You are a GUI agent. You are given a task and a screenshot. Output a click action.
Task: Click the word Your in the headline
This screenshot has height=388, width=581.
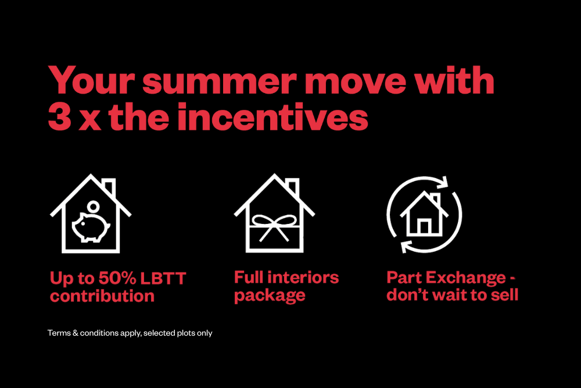tap(92, 80)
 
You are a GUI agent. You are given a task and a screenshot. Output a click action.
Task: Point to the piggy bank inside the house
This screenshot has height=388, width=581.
tap(91, 227)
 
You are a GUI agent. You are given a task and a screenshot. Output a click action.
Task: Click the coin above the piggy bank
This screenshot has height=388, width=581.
tap(94, 206)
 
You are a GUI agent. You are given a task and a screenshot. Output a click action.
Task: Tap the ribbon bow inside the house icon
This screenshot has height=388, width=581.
tap(274, 227)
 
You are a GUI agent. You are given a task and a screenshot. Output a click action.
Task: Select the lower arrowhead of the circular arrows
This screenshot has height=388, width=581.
tap(407, 246)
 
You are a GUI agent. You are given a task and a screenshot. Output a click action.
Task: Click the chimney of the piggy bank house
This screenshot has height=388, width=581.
tap(110, 187)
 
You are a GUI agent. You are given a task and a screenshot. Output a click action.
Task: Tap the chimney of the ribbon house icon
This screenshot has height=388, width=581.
tap(293, 187)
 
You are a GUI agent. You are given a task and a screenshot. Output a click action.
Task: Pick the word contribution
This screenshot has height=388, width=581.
tap(102, 296)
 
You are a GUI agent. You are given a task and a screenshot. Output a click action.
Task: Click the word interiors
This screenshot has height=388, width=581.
tap(303, 277)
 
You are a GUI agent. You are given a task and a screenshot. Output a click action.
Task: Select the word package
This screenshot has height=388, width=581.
tap(270, 296)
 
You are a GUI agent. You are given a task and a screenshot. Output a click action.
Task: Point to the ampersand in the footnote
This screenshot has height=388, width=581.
tap(75, 333)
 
